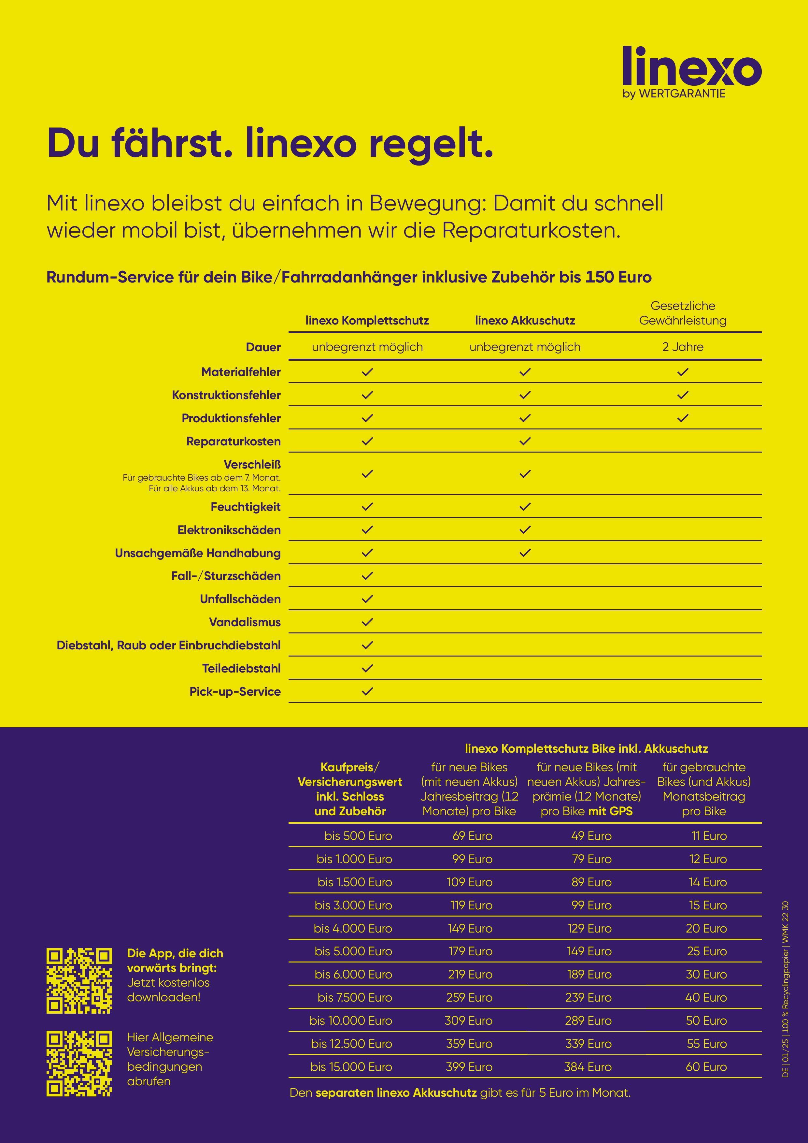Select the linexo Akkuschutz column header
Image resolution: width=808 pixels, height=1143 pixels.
coord(525,321)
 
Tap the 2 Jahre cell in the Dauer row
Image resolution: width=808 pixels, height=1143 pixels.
coord(683,347)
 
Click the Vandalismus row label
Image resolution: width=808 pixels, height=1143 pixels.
coord(245,622)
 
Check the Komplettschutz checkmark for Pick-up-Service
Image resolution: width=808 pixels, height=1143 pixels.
coord(367,691)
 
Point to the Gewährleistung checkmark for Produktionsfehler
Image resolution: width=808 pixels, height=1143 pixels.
coord(683,418)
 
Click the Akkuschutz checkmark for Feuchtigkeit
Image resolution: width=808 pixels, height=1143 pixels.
coord(525,507)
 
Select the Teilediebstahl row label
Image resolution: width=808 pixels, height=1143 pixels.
coord(241,669)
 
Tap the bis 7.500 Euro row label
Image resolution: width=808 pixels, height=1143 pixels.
coord(355,998)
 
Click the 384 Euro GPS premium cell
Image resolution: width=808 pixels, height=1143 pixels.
coord(588,1067)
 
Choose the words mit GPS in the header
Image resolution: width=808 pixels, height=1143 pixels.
coord(610,811)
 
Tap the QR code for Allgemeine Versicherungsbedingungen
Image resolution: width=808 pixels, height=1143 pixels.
coord(79,1064)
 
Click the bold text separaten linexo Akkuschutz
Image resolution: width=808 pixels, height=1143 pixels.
coord(396,1093)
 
